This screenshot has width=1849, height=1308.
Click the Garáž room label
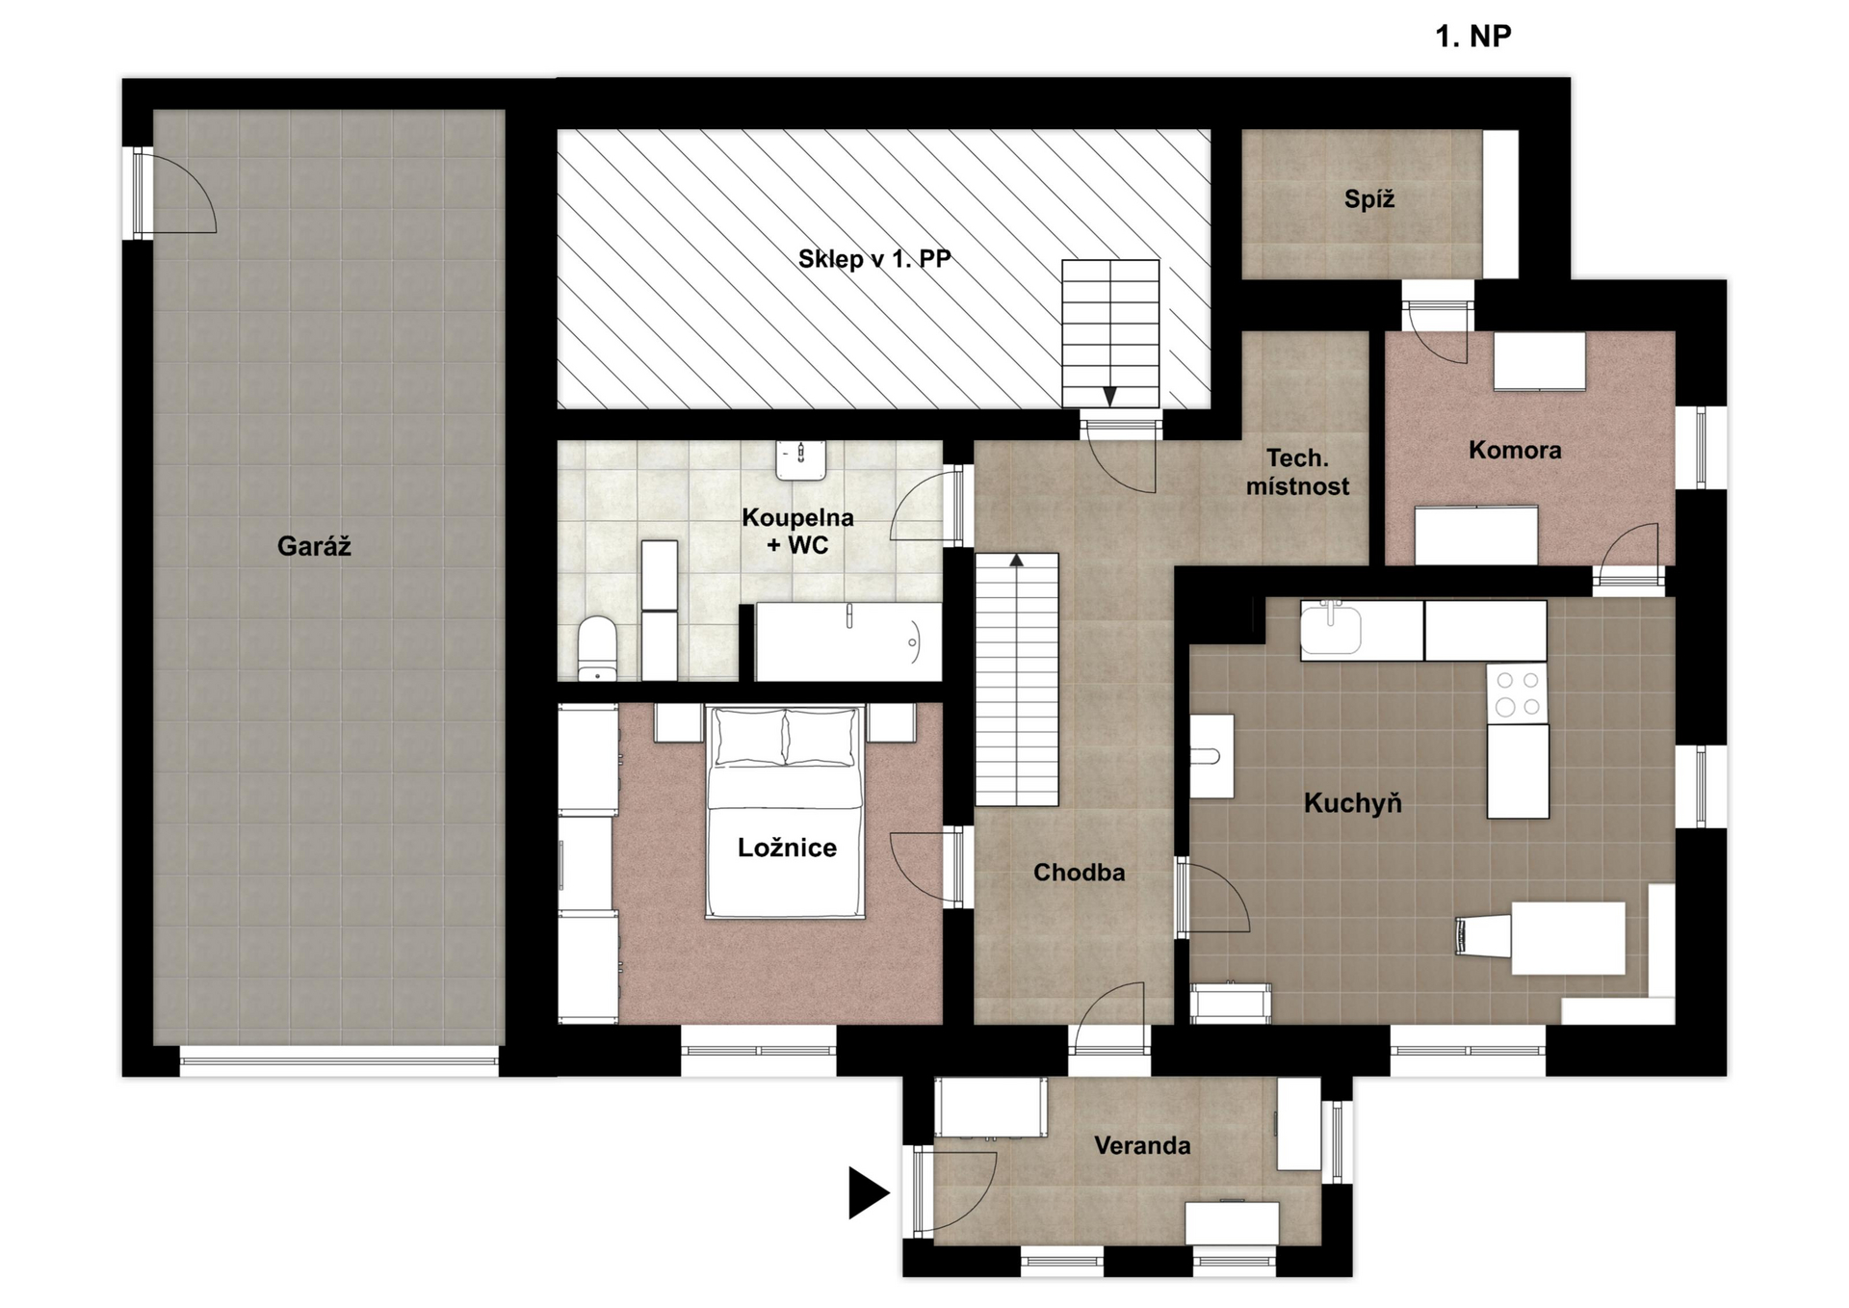click(x=314, y=546)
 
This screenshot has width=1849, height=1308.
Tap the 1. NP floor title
click(x=1472, y=37)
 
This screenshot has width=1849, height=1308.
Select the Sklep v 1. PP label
click(x=874, y=258)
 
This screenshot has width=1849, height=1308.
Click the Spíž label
click(x=1368, y=199)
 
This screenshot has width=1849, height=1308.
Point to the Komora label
click(x=1515, y=450)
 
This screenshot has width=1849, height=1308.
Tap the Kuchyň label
click(x=1352, y=802)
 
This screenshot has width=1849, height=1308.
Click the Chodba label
click(x=1079, y=872)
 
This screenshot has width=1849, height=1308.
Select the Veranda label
click(x=1142, y=1145)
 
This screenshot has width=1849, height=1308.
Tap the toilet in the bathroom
click(x=597, y=648)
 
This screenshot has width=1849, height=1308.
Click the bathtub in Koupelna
click(x=848, y=642)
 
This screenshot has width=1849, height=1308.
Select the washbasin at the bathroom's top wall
click(x=801, y=459)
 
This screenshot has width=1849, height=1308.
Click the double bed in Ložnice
click(x=785, y=811)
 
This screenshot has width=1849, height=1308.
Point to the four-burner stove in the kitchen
click(x=1518, y=693)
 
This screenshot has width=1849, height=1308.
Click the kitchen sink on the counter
click(x=1331, y=628)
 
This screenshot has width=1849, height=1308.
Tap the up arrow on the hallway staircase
click(x=1016, y=560)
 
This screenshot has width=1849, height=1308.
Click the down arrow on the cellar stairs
click(x=1109, y=396)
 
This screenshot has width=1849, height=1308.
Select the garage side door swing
click(x=184, y=193)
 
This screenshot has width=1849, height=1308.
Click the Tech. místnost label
click(x=1297, y=472)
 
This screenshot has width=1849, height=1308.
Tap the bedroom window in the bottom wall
click(x=758, y=1050)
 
